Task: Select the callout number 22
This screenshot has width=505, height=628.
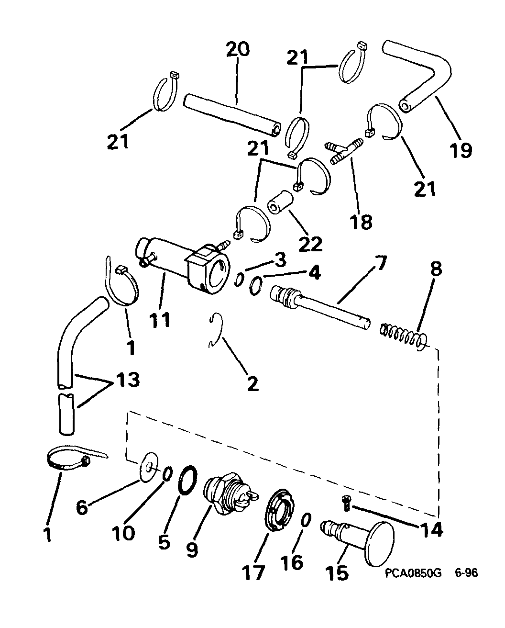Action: coord(310,244)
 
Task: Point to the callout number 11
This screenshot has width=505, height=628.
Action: coord(160,320)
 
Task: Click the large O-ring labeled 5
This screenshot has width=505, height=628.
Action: coord(187,481)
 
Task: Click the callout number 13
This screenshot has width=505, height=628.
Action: coord(128,380)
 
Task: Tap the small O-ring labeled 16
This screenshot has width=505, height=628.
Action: coord(306,520)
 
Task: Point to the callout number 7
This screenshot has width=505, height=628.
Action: coord(380,263)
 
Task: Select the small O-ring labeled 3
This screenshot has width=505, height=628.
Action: coord(239,280)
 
